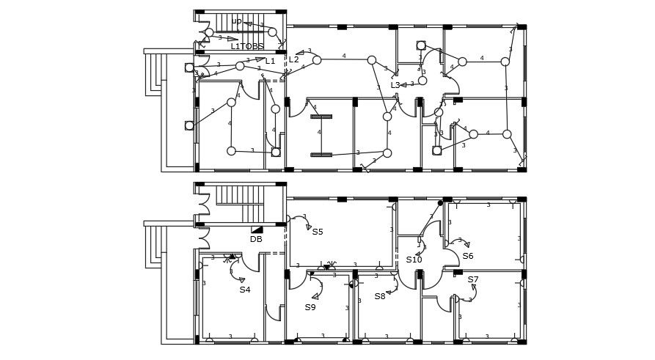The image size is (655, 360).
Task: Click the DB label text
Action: click(x=256, y=239)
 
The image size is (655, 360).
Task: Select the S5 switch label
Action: click(x=318, y=232)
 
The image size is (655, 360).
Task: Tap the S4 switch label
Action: click(x=245, y=290)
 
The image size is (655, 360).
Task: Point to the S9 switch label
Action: click(x=310, y=307)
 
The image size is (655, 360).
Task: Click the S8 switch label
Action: click(x=380, y=296)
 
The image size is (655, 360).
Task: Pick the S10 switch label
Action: click(x=414, y=260)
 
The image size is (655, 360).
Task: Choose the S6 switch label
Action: click(x=468, y=256)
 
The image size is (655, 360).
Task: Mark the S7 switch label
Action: click(x=473, y=279)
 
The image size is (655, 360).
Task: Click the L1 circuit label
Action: click(x=271, y=62)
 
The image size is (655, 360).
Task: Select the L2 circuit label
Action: click(x=293, y=59)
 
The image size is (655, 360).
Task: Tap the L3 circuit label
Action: click(x=395, y=85)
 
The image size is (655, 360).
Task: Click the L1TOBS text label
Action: click(x=246, y=46)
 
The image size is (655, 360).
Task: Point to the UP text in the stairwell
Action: click(x=236, y=21)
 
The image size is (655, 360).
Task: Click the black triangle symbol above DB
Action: click(x=257, y=229)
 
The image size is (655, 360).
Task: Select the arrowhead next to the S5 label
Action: click(x=309, y=227)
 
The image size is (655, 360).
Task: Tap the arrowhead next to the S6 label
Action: click(x=466, y=245)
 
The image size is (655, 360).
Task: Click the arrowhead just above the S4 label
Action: click(x=242, y=279)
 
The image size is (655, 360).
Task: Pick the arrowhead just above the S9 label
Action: click(x=315, y=296)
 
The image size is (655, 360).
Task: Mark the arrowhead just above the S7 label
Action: click(x=474, y=287)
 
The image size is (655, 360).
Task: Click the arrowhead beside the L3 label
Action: click(x=403, y=85)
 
